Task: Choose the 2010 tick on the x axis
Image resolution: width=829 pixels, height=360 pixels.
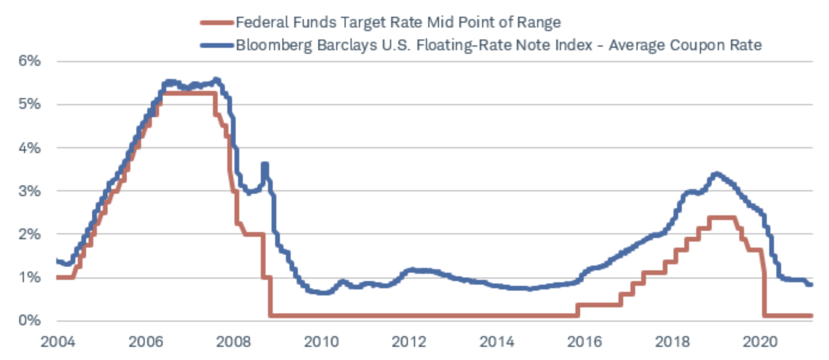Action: coord(322,343)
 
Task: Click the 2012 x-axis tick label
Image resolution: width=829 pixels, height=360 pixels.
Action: coord(409,343)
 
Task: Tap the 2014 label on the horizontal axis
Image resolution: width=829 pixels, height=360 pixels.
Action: coord(497,343)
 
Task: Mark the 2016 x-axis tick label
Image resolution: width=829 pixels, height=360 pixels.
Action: coord(584,343)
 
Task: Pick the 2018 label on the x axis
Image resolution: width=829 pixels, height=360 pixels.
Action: coord(672,343)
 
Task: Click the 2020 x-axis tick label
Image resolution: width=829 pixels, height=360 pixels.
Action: coord(760,343)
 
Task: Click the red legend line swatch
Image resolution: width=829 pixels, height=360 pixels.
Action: coord(215,23)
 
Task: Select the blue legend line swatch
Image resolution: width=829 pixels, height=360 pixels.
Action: coord(215,45)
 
